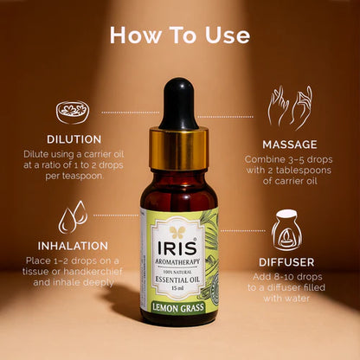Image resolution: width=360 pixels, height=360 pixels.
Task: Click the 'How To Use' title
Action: (180, 35)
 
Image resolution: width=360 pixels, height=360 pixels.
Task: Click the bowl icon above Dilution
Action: (72, 112)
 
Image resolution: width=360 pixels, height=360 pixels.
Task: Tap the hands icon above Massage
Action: (290, 106)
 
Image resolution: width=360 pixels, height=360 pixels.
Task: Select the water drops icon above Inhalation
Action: (72, 216)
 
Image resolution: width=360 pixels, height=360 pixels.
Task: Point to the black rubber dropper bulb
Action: (179, 103)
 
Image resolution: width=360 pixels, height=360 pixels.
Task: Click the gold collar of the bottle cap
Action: (179, 148)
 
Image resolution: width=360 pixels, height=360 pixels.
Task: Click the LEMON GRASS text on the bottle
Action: (179, 305)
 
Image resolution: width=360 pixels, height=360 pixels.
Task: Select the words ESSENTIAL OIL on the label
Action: (178, 280)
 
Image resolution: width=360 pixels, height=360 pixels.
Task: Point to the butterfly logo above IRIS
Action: (179, 232)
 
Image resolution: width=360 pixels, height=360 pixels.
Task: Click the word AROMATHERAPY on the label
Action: (178, 260)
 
